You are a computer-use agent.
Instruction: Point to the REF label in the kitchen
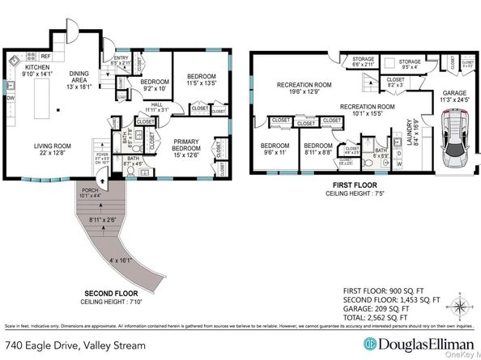point(45,56)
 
